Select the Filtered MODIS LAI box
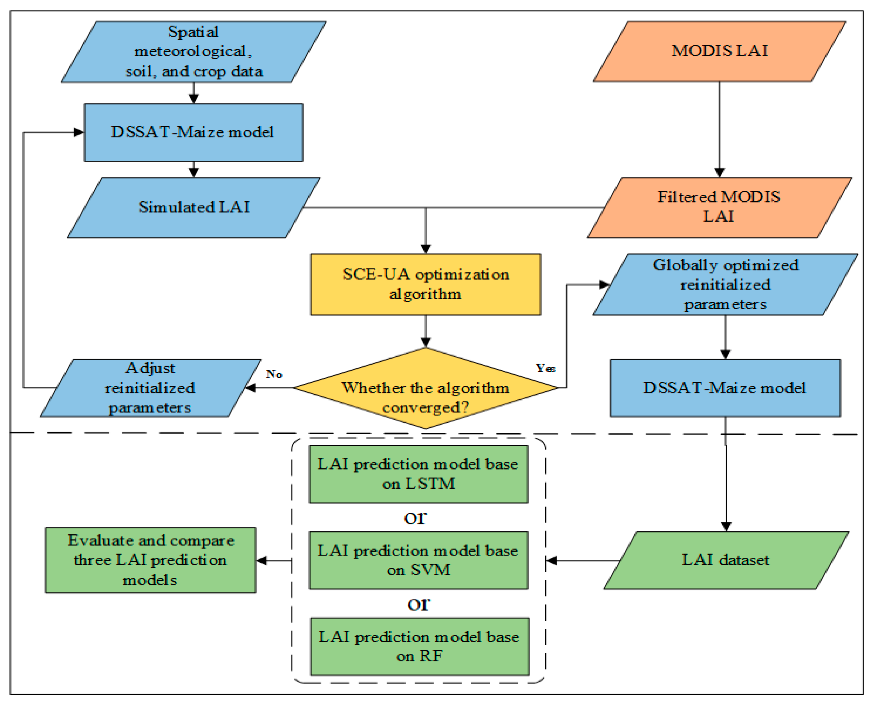pos(719,207)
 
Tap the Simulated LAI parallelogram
pos(194,207)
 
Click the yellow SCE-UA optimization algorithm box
pos(425,284)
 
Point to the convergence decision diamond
pos(425,391)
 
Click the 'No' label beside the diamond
pos(274,374)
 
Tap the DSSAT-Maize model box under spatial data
pos(193,132)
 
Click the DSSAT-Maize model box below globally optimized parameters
pos(724,388)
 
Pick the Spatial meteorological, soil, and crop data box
pos(194,51)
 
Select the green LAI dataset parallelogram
pos(726,560)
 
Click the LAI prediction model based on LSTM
pos(418,474)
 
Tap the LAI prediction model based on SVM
pos(418,560)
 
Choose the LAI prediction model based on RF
pos(419,646)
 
